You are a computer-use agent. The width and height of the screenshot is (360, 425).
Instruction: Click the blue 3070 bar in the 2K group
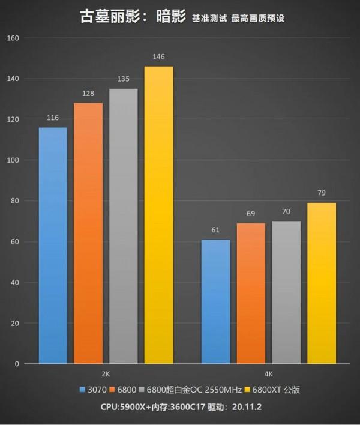pos(52,246)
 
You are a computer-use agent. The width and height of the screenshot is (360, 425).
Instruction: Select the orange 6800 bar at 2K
pos(88,234)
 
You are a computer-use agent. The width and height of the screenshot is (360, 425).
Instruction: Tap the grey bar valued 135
pos(123,226)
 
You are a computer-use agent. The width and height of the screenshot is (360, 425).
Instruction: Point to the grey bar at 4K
pos(286,292)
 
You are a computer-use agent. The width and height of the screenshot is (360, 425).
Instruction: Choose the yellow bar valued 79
pos(321,283)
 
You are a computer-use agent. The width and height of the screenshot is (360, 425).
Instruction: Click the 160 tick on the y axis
pos(13,38)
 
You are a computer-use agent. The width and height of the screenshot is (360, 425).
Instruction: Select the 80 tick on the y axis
pos(15,201)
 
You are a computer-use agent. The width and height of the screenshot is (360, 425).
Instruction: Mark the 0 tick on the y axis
pos(17,364)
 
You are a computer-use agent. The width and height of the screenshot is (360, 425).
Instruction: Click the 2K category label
pos(106,374)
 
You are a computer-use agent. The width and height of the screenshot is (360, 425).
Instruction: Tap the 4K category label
pos(268,374)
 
